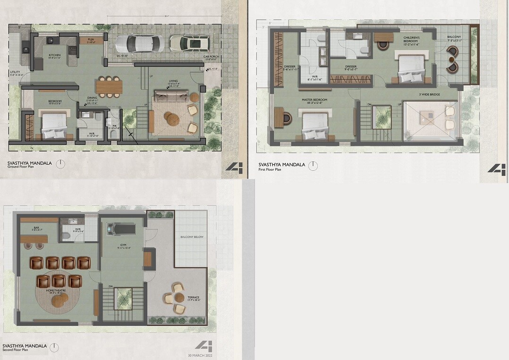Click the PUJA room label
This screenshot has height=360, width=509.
[91, 40]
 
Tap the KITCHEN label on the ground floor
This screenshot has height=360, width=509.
[55, 55]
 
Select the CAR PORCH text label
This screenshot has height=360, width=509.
[210, 58]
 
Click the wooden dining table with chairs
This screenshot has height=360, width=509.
[109, 86]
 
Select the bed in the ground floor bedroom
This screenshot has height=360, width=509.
[55, 125]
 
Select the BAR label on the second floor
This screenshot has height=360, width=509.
[34, 228]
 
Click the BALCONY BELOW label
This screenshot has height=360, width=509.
[192, 237]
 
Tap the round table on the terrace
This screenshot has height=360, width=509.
[179, 297]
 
